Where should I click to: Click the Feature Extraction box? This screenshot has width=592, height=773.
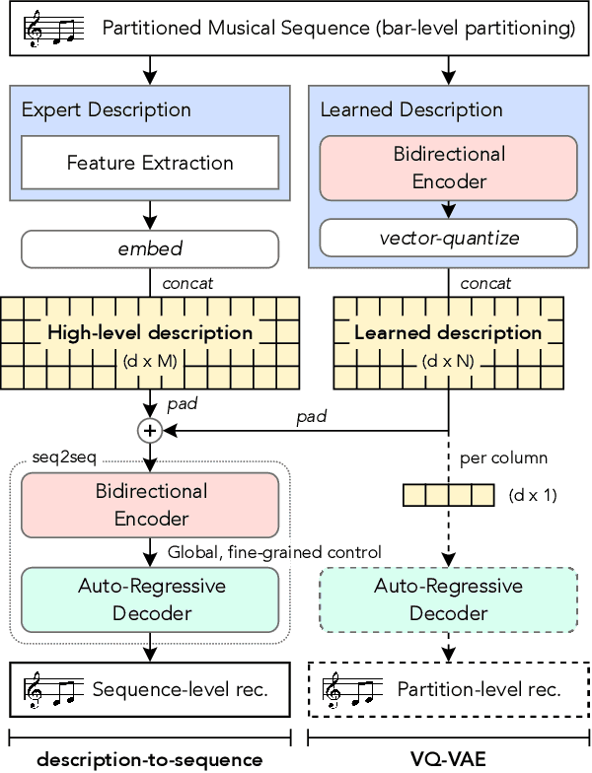(150, 163)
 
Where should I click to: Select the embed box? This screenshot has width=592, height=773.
(150, 249)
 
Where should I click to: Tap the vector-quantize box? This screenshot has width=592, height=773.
(448, 238)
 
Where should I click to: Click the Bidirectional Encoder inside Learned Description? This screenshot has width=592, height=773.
(448, 168)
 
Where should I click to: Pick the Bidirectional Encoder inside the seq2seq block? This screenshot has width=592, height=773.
(151, 504)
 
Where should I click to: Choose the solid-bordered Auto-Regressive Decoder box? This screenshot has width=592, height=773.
(151, 599)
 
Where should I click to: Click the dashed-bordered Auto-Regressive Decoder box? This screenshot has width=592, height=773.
(448, 599)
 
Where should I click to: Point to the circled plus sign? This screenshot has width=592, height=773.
(151, 430)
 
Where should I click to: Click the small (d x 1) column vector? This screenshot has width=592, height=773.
(448, 495)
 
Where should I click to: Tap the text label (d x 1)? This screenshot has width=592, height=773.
(533, 495)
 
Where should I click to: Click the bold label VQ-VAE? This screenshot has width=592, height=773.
(448, 758)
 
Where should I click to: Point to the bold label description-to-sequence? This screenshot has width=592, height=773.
(150, 758)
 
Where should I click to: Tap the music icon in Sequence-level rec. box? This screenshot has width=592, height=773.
(51, 689)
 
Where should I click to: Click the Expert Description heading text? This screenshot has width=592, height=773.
(107, 109)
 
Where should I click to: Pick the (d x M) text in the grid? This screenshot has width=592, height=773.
(151, 361)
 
